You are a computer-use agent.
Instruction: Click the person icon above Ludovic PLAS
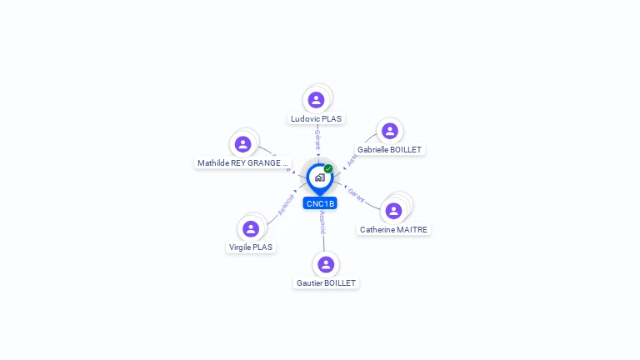316,100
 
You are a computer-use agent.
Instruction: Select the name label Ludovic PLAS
316,119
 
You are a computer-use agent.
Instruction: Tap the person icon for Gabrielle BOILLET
389,131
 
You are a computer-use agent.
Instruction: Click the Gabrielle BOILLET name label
389,150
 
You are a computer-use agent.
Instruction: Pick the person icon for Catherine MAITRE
393,211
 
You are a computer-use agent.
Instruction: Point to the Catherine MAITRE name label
394,229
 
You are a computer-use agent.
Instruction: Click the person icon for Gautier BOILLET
326,264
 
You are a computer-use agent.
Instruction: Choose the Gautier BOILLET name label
326,283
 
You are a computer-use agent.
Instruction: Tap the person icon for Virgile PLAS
251,228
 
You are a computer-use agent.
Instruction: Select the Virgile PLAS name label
251,247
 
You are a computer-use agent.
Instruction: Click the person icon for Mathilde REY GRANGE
242,144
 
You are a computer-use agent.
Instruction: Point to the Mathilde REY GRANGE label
242,163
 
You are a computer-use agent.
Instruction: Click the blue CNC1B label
320,203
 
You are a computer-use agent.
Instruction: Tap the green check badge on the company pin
328,168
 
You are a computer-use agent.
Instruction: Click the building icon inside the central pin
319,177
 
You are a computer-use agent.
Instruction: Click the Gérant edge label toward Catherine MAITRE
357,195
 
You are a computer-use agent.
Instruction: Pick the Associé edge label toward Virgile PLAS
287,203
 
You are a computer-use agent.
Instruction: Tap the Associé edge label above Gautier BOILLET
322,222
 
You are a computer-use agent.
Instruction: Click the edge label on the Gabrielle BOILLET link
353,157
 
